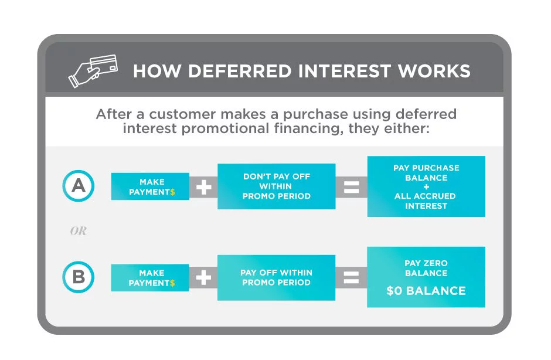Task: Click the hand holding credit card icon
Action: (x=93, y=70)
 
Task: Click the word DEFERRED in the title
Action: (x=221, y=71)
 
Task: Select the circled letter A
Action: (x=78, y=186)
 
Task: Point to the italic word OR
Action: (x=78, y=231)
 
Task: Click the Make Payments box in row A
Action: (x=150, y=186)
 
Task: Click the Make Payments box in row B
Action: (x=150, y=277)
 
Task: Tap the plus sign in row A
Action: (x=203, y=186)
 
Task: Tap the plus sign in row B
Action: (x=203, y=277)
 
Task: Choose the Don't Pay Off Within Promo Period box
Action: (x=276, y=186)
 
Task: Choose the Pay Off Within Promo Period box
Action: (x=276, y=277)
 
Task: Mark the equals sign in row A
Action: (x=351, y=186)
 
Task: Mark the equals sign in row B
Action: (x=351, y=277)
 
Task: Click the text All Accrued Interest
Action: (x=426, y=201)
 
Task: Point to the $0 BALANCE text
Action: (x=426, y=291)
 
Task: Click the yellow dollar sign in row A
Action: (x=172, y=192)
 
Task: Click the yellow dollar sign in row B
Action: (x=172, y=283)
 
